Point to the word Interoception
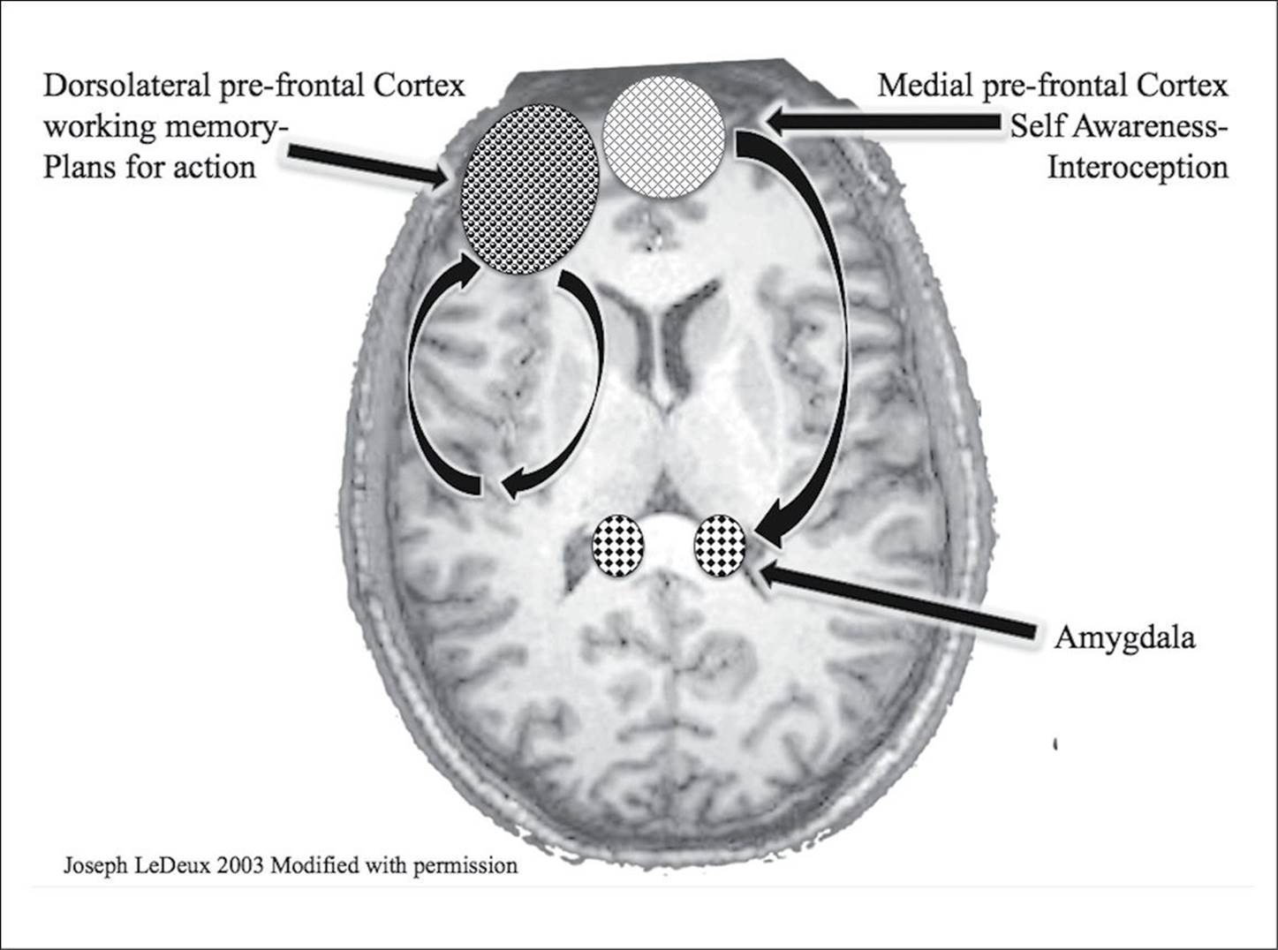pyautogui.click(x=1138, y=168)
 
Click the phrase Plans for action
pyautogui.click(x=149, y=168)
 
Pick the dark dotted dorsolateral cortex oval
pyautogui.click(x=530, y=188)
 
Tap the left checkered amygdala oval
pyautogui.click(x=617, y=546)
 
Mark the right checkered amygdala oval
pyautogui.click(x=720, y=546)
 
